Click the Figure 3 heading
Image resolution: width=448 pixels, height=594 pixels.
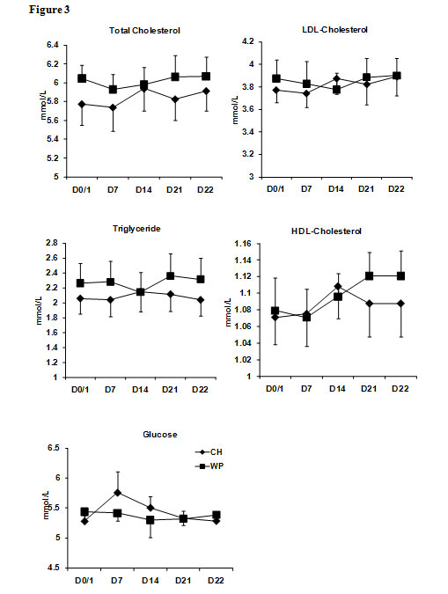pyautogui.click(x=49, y=10)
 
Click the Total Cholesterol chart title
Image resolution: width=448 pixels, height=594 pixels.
pyautogui.click(x=144, y=30)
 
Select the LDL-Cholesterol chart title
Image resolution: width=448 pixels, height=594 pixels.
pyautogui.click(x=334, y=30)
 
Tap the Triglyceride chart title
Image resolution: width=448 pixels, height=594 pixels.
pyautogui.click(x=136, y=229)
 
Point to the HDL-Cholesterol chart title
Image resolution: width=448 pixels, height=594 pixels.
pyautogui.click(x=327, y=231)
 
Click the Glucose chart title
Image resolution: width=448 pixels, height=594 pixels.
pyautogui.click(x=160, y=435)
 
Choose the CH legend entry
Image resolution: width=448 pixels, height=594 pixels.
pyautogui.click(x=209, y=452)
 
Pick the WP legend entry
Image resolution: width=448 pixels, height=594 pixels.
pyautogui.click(x=209, y=466)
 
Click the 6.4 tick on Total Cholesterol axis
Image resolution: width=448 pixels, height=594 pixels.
pyautogui.click(x=53, y=45)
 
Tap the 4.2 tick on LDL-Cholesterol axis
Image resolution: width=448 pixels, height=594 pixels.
pyautogui.click(x=248, y=41)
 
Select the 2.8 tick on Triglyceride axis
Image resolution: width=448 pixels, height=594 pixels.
pyautogui.click(x=52, y=243)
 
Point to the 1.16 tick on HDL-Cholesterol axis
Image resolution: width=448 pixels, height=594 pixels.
pyautogui.click(x=243, y=243)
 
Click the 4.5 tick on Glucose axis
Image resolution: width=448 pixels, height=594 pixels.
pyautogui.click(x=54, y=568)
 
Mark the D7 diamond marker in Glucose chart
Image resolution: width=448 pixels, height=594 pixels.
pyautogui.click(x=117, y=493)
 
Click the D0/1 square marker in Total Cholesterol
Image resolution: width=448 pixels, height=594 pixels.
pyautogui.click(x=82, y=78)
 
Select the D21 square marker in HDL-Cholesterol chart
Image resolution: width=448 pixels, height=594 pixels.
pyautogui.click(x=369, y=275)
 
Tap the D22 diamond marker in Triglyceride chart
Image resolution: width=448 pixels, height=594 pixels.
pyautogui.click(x=200, y=300)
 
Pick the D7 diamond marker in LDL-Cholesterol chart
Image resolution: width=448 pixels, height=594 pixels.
pyautogui.click(x=306, y=93)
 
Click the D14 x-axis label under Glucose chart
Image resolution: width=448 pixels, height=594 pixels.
pyautogui.click(x=151, y=581)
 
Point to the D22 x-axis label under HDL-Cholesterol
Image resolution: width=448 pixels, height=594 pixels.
pyautogui.click(x=400, y=389)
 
